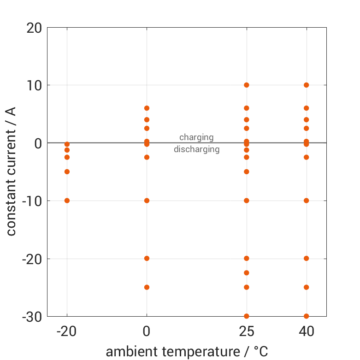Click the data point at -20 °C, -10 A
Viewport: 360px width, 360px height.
tap(67, 201)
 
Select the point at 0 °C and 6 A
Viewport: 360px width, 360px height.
tap(147, 108)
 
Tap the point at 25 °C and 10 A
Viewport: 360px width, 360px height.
tap(247, 85)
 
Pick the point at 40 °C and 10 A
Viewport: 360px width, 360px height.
tap(306, 85)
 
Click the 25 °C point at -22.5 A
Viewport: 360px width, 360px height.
tap(247, 273)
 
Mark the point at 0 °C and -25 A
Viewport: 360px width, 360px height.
tap(147, 287)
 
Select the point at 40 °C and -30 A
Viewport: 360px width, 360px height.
tap(306, 316)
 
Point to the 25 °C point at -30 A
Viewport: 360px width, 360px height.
tap(247, 316)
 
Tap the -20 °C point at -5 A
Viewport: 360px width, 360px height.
tap(67, 171)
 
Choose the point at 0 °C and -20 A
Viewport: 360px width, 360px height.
tap(147, 258)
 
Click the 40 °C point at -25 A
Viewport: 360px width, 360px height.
tap(306, 287)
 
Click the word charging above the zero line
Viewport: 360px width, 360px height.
tap(196, 137)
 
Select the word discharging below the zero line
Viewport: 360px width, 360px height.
tap(196, 149)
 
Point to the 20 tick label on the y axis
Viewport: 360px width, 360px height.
tap(34, 28)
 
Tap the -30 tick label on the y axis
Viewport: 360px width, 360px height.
tap(32, 317)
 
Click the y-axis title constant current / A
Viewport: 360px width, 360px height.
tap(11, 171)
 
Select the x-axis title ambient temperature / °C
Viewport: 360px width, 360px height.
tap(187, 352)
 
